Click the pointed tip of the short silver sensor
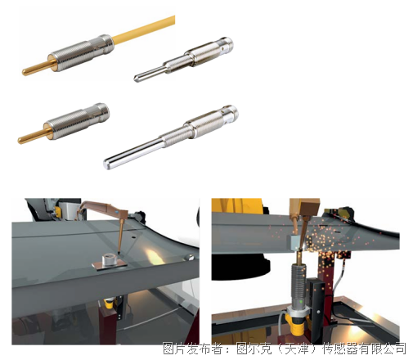click(x=136, y=79)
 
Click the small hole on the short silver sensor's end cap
click(x=223, y=47)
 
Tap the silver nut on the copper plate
click(x=110, y=259)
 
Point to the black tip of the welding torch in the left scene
click(x=119, y=252)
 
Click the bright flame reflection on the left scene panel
click(x=154, y=256)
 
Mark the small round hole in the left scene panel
click(x=133, y=237)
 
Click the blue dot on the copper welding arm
click(x=116, y=211)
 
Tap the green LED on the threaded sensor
click(x=301, y=301)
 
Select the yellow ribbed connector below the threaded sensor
click(x=298, y=324)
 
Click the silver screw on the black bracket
click(x=318, y=311)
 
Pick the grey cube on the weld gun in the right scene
click(x=294, y=242)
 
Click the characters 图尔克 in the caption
click(x=254, y=349)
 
